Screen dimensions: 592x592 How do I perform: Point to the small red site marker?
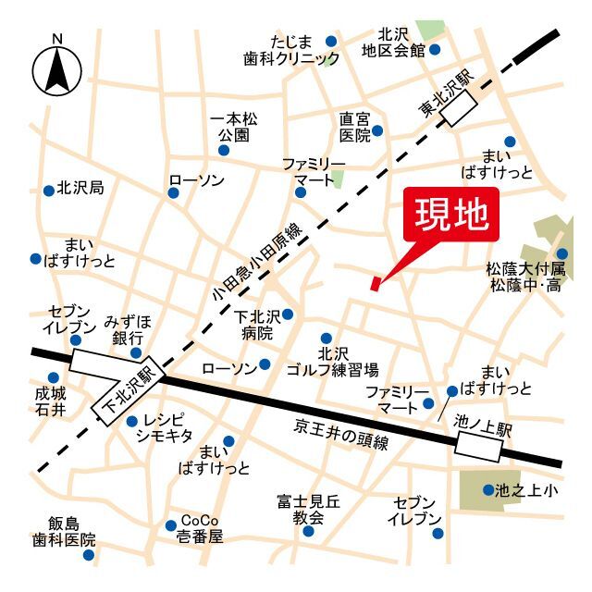[375, 283]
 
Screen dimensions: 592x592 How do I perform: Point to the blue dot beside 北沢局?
[48, 191]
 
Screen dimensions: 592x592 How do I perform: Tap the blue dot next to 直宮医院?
[377, 132]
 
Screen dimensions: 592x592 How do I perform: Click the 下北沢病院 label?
[254, 324]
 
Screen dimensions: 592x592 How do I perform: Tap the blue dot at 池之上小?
[488, 489]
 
